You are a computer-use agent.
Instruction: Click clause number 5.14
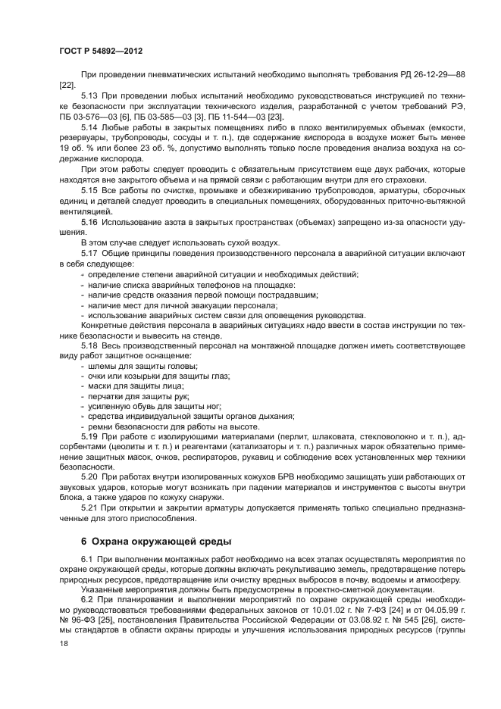click(90, 129)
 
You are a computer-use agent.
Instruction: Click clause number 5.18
click(90, 345)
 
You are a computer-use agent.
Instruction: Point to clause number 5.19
click(90, 437)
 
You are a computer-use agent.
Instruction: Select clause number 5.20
click(90, 478)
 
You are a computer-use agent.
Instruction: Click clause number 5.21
click(90, 509)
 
